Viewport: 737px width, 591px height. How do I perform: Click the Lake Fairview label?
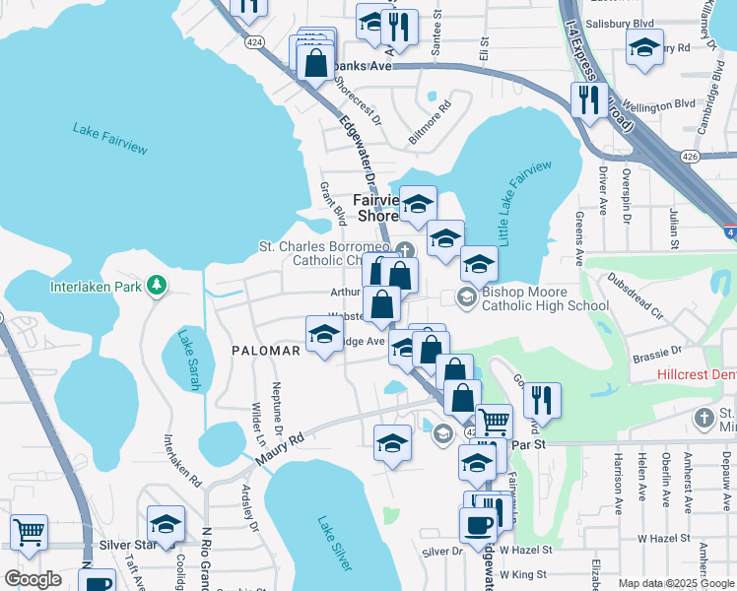109,138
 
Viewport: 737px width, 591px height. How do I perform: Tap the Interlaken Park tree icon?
156,287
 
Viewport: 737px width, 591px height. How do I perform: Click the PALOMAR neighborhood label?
265,351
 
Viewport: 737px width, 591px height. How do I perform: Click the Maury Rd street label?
277,448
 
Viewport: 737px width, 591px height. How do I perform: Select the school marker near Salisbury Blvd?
644,48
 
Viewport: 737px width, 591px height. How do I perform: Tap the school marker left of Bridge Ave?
324,335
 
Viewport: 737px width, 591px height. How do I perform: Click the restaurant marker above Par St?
542,399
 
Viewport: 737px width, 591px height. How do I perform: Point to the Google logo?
33,579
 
